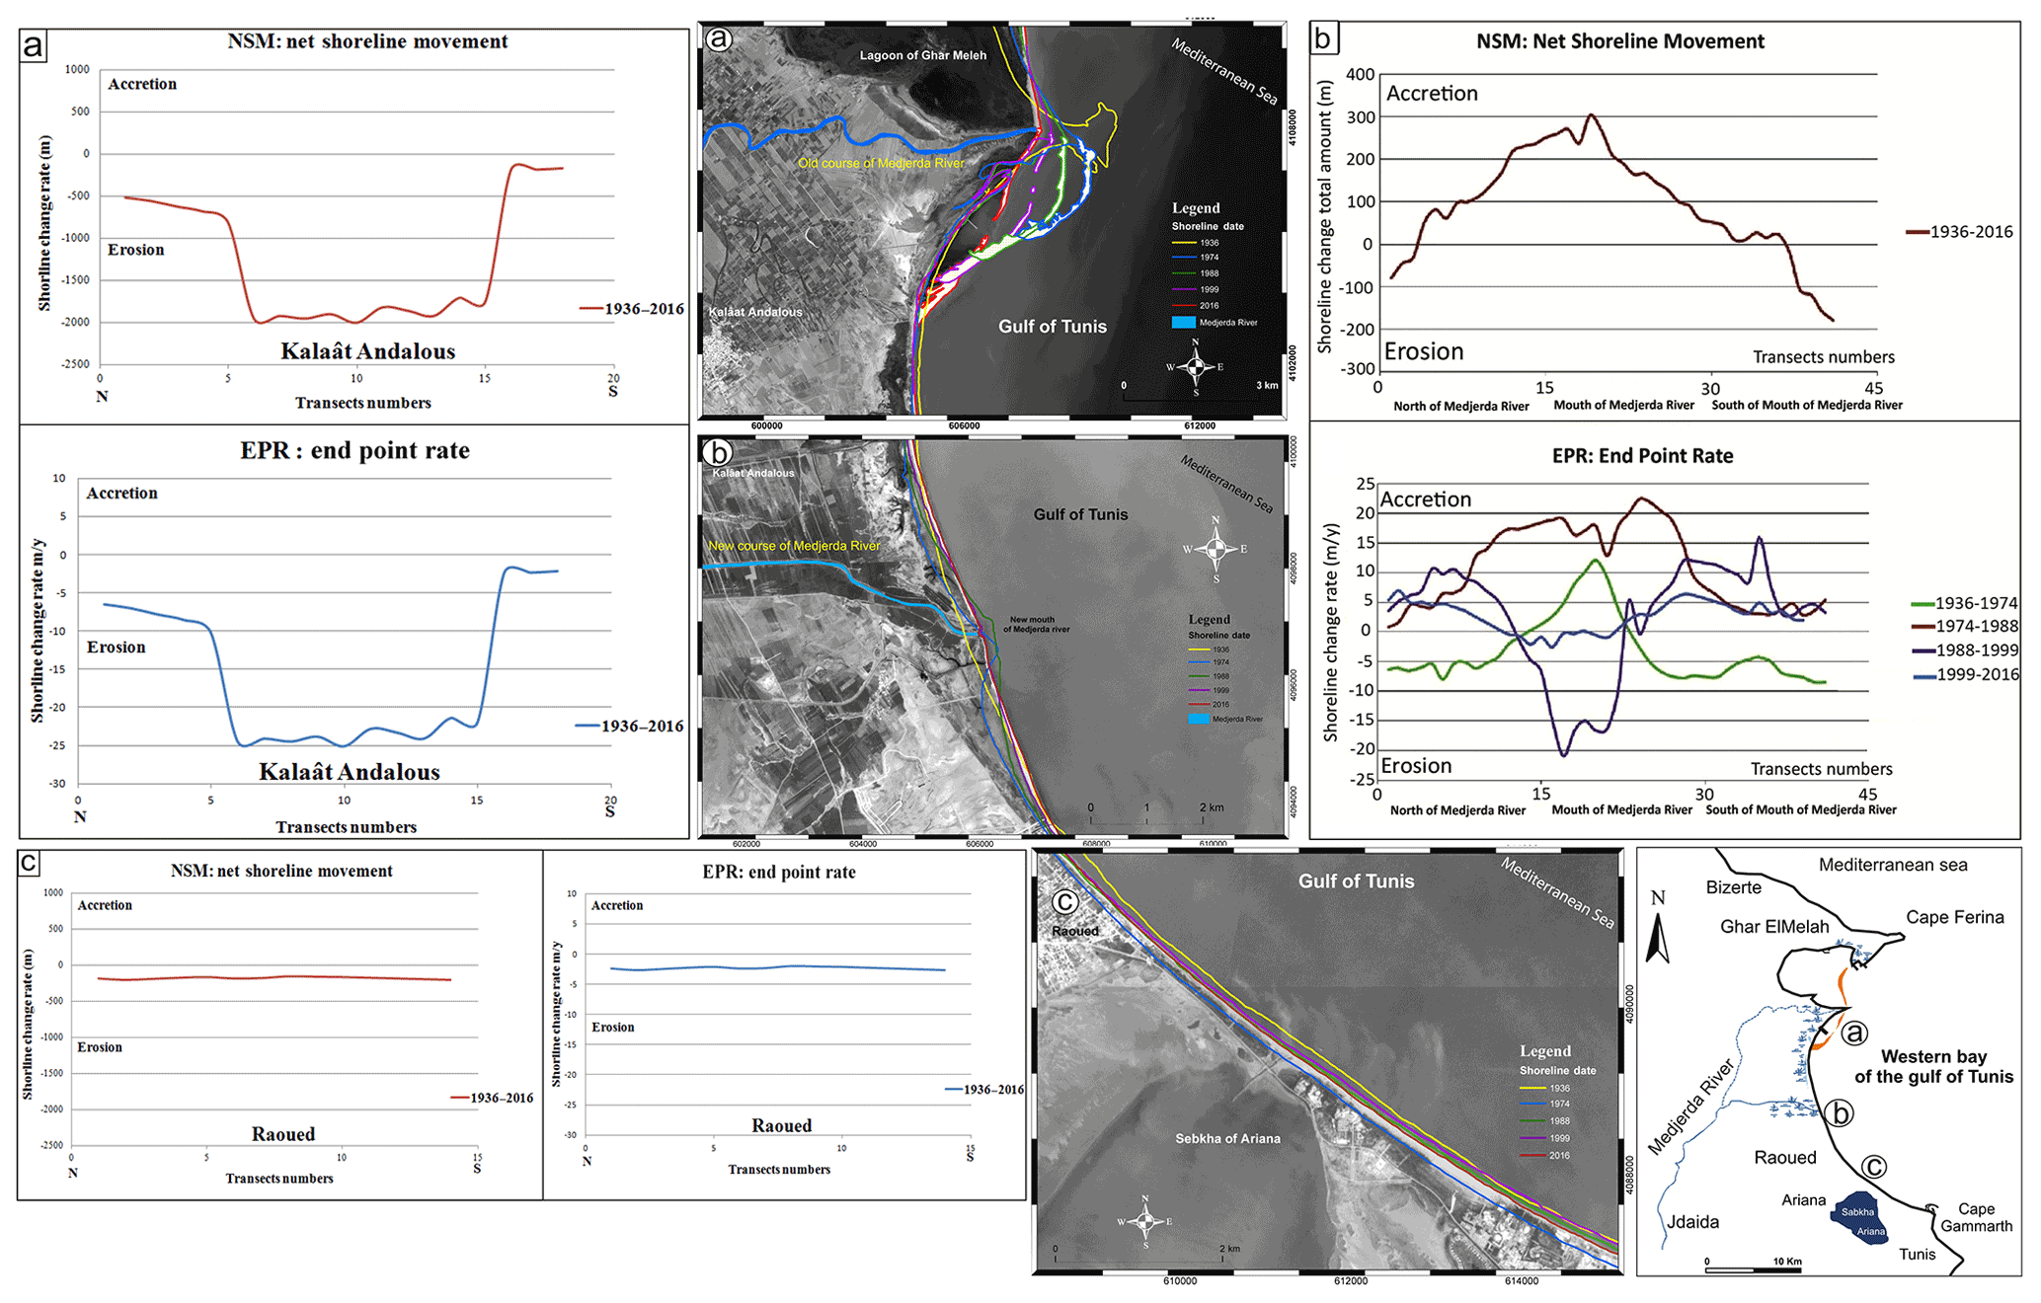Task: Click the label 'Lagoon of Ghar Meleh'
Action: click(922, 55)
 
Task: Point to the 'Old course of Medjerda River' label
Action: click(881, 163)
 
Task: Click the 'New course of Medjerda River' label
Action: click(794, 546)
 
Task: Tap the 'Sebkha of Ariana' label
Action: click(1227, 1139)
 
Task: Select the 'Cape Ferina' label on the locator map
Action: click(1954, 917)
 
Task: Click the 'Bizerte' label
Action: click(1733, 887)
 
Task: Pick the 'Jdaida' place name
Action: click(1692, 1222)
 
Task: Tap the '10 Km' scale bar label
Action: click(1787, 1262)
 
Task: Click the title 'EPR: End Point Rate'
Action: click(1642, 456)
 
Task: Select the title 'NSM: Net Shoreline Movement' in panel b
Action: click(1619, 41)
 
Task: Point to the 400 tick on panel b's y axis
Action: click(1360, 74)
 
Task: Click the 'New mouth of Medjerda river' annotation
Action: click(1036, 625)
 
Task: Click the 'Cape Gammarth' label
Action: click(1976, 1217)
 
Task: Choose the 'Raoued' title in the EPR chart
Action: click(781, 1125)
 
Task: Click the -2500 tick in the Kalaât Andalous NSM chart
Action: click(76, 364)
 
